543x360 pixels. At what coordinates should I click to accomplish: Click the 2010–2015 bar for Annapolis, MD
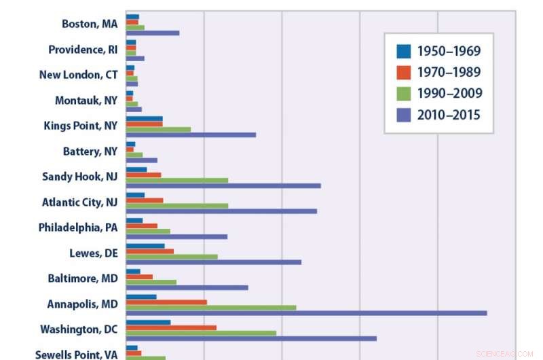(305, 313)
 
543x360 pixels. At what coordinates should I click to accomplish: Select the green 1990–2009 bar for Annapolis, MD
(210, 307)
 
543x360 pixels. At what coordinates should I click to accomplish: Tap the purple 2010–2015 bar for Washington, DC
(251, 338)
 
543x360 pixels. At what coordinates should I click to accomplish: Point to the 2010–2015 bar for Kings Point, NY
(191, 134)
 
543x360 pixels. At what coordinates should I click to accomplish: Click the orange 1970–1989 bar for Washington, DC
(171, 327)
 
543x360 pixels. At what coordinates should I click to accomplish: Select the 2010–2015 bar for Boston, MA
(153, 33)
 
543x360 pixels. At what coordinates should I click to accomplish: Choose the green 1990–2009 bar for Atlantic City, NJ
(176, 205)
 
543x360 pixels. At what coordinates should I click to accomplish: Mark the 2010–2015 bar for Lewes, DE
(213, 262)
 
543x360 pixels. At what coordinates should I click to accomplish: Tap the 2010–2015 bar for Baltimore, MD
(187, 287)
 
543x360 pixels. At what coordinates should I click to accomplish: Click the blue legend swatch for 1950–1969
(404, 51)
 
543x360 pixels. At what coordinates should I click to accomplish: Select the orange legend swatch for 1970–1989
(404, 72)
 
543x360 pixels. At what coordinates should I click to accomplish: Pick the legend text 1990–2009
(449, 94)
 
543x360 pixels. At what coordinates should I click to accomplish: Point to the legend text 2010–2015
(449, 115)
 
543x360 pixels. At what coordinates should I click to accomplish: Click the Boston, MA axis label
(90, 24)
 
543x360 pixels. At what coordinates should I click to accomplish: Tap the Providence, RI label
(83, 50)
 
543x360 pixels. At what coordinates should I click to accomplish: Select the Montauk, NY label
(86, 101)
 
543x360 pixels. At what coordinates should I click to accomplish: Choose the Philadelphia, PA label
(77, 228)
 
